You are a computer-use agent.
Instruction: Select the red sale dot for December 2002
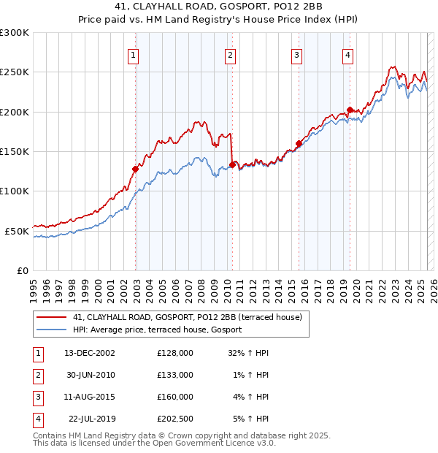pyautogui.click(x=135, y=170)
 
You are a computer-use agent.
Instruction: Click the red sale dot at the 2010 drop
pyautogui.click(x=232, y=165)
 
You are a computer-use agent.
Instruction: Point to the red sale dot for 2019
pyautogui.click(x=350, y=110)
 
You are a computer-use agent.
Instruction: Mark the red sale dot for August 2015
pyautogui.click(x=299, y=144)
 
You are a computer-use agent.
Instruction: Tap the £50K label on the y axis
pyautogui.click(x=17, y=231)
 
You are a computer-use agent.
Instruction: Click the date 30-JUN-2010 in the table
pyautogui.click(x=90, y=374)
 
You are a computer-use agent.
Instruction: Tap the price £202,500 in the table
pyautogui.click(x=175, y=419)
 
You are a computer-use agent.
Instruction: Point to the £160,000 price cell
pyautogui.click(x=175, y=397)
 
